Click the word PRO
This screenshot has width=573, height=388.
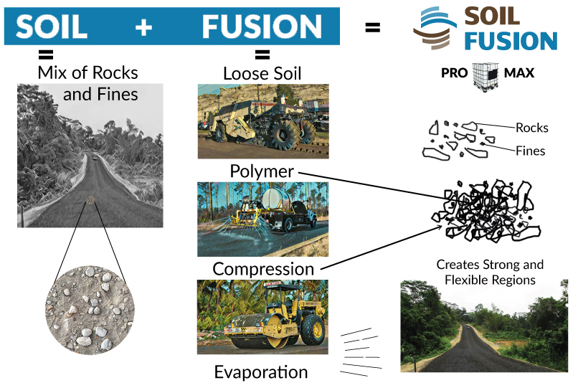(x=455, y=73)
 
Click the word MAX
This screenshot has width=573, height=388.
(x=518, y=73)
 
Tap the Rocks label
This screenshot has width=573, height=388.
(x=531, y=128)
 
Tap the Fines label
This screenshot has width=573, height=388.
(x=530, y=151)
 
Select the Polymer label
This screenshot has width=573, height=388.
(x=262, y=172)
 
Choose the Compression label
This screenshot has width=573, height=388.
(x=263, y=270)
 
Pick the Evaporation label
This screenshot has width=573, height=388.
(x=261, y=372)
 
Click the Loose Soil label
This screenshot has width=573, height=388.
(x=262, y=73)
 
